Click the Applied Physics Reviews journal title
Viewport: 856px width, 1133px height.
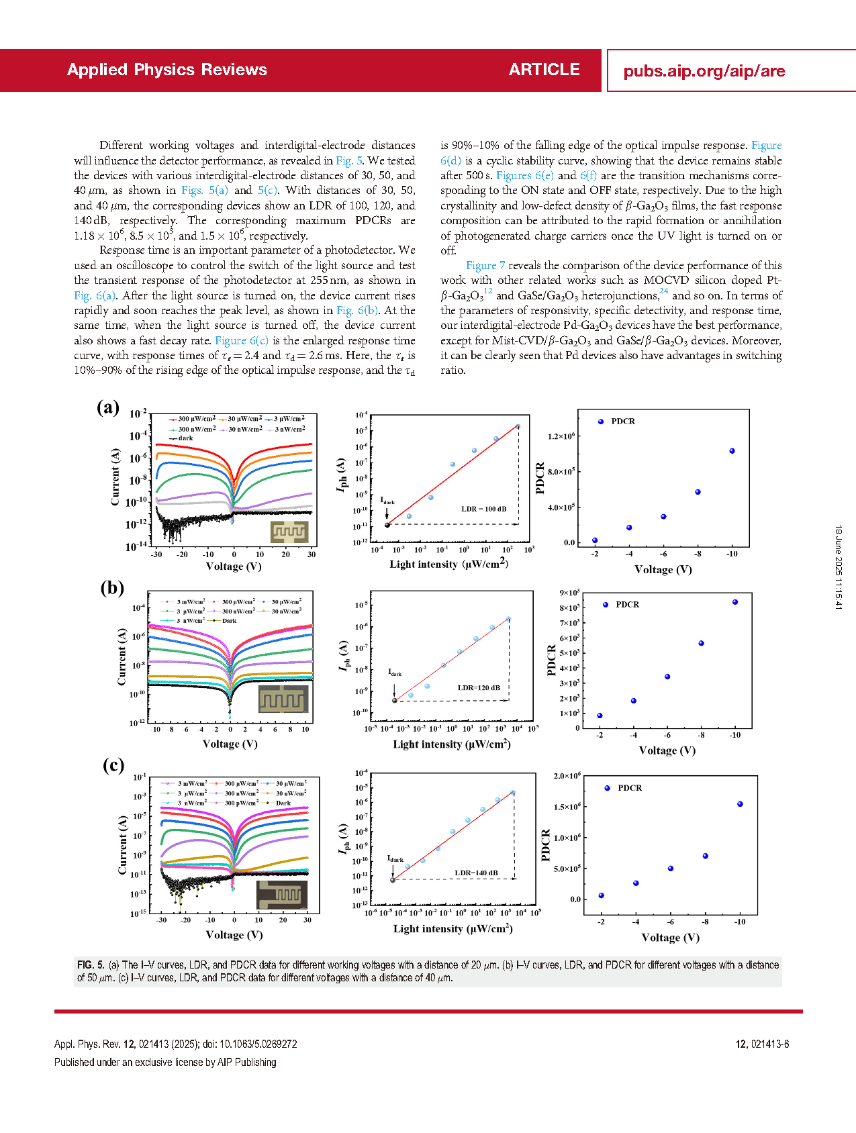point(167,70)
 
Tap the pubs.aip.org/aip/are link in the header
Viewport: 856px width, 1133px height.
point(704,71)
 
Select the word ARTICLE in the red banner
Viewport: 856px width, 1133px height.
point(544,70)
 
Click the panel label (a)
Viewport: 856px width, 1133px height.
point(108,407)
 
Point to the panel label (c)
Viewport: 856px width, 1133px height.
point(113,765)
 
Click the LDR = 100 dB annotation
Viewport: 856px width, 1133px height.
point(484,509)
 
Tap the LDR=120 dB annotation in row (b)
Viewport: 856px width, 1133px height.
point(479,687)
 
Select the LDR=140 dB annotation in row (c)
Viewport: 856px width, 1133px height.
point(476,873)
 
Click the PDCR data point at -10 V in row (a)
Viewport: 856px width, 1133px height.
point(732,451)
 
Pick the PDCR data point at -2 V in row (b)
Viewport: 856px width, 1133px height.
point(600,716)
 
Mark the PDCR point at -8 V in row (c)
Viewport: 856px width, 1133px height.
point(706,856)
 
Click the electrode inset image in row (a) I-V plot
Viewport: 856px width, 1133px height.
point(289,532)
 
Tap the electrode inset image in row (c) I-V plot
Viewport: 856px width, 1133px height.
point(282,895)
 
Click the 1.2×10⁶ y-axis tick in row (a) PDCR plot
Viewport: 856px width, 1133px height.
point(561,436)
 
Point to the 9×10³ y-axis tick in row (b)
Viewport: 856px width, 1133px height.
point(569,593)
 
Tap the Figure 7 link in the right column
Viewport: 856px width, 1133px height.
point(485,265)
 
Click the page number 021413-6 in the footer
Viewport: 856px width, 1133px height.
point(769,1044)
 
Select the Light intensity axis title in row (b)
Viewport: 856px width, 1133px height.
point(452,744)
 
